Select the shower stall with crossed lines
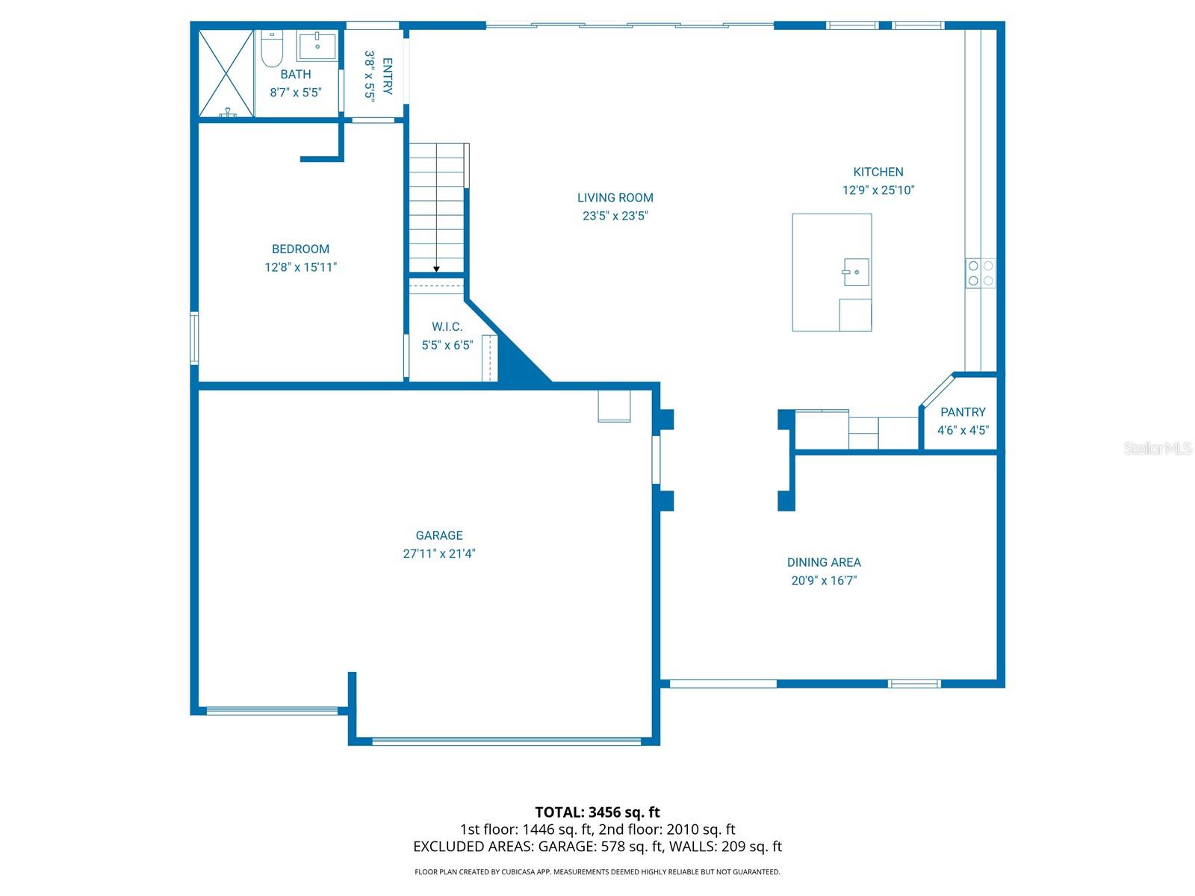click(x=226, y=73)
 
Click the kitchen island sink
click(x=856, y=272)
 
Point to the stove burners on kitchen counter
click(x=980, y=273)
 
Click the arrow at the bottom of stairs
click(x=436, y=268)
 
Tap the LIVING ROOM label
click(x=615, y=198)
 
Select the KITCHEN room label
click(x=878, y=172)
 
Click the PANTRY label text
click(x=963, y=412)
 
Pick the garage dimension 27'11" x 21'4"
click(x=439, y=554)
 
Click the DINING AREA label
click(x=824, y=562)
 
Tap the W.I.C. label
click(x=447, y=327)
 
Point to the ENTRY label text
click(x=388, y=76)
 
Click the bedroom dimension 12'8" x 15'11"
click(x=300, y=267)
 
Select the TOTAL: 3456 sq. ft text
click(x=597, y=812)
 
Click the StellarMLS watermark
click(x=1158, y=449)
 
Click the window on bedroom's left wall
click(x=194, y=337)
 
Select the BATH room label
click(x=296, y=75)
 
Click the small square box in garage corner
click(x=614, y=406)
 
